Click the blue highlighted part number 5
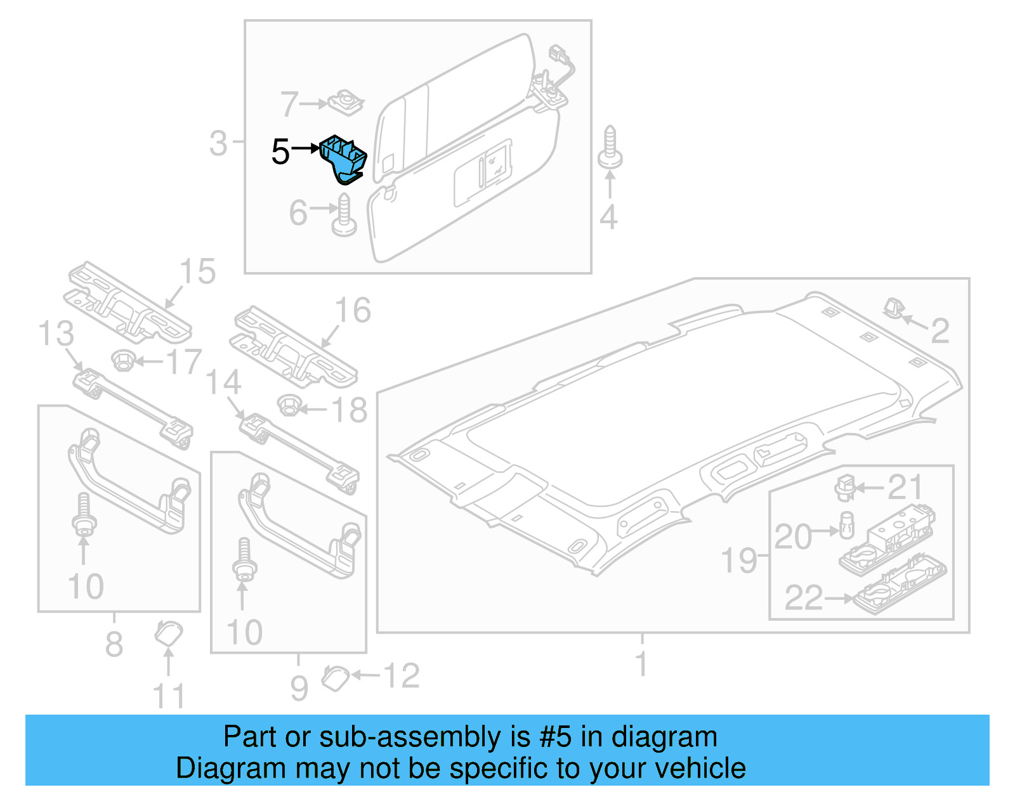coord(343,158)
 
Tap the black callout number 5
coord(280,152)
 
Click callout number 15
coord(197,271)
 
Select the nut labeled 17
coord(122,360)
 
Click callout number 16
coord(353,311)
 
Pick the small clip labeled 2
coord(893,308)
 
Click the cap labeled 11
coord(169,633)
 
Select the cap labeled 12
coord(335,677)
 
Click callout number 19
coord(739,561)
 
